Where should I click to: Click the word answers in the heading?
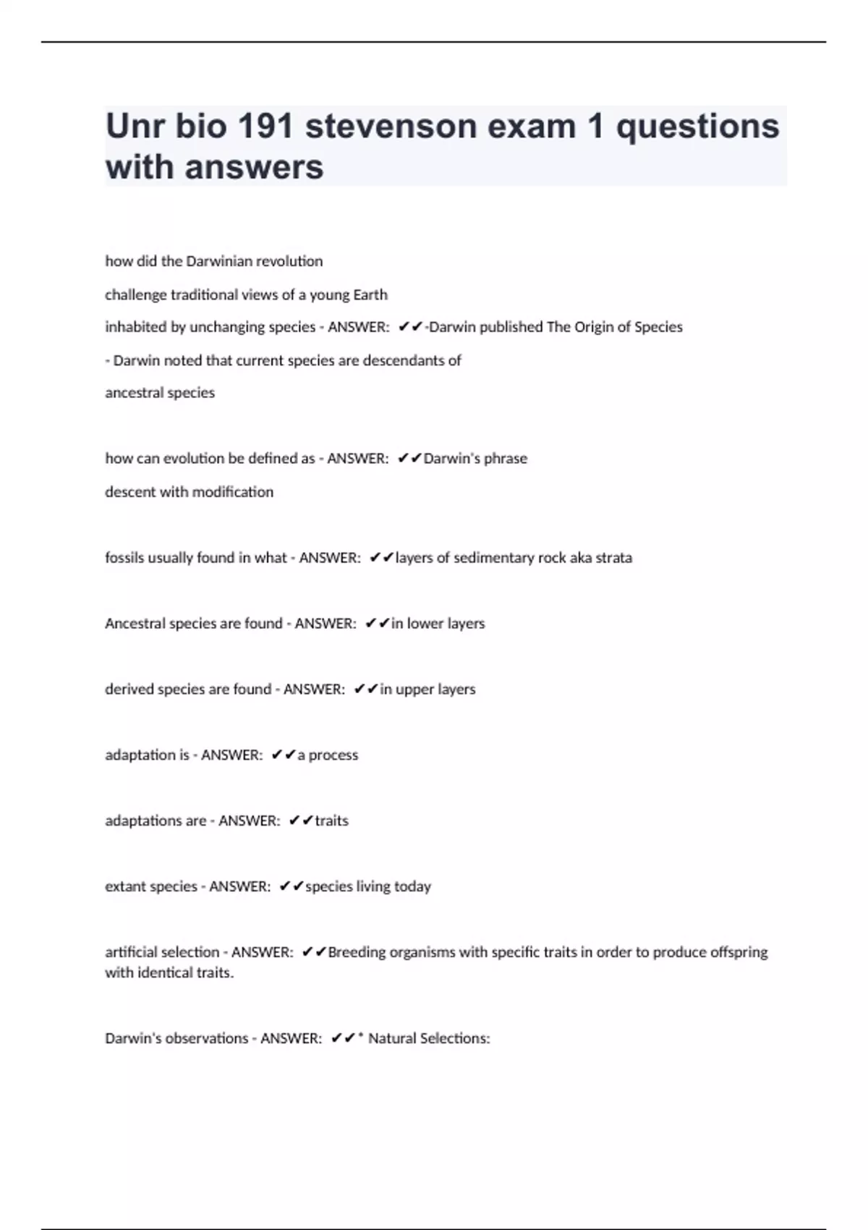(255, 167)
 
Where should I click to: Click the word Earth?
(370, 294)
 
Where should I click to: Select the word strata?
(613, 558)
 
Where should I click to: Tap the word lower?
(425, 624)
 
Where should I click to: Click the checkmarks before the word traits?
(300, 820)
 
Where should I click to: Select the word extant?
(126, 886)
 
